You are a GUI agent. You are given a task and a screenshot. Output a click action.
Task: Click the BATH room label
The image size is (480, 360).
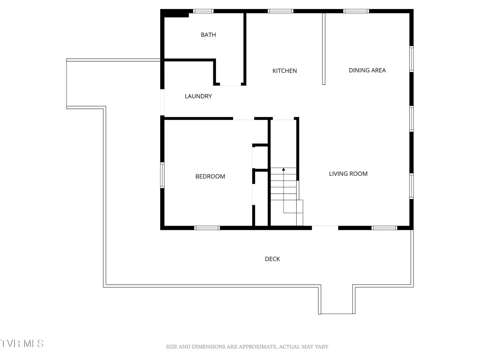[x=208, y=35]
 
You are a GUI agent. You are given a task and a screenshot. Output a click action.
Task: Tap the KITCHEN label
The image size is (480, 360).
[x=284, y=71]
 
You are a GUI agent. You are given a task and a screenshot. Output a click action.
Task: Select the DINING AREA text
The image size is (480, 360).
[x=367, y=70]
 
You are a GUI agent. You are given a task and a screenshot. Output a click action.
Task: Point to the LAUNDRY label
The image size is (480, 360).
[x=198, y=96]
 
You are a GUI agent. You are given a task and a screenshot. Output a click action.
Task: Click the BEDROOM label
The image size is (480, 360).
[x=210, y=176]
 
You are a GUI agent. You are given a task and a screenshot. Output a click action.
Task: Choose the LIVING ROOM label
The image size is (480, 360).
[x=348, y=174]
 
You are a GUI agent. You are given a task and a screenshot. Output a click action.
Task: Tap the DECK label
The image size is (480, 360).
[x=272, y=259]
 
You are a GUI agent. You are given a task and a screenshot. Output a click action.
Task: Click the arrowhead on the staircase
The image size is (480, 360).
[x=283, y=169]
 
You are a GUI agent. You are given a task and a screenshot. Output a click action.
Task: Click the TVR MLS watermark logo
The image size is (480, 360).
[x=22, y=344]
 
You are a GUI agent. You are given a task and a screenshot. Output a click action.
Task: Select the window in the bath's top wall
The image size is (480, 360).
[x=203, y=11]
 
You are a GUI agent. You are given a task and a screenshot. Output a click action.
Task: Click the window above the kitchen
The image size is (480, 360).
[x=280, y=11]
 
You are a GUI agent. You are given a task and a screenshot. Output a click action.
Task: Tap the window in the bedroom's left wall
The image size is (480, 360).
[x=162, y=175]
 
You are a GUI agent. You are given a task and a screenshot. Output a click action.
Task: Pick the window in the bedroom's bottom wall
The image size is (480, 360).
[x=207, y=228]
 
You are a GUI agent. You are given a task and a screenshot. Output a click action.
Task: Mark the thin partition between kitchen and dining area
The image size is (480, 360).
[x=324, y=49]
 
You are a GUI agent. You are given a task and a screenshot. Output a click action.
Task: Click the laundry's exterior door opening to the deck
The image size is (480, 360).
[x=162, y=102]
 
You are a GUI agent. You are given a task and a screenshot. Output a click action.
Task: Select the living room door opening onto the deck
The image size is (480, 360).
[x=325, y=228]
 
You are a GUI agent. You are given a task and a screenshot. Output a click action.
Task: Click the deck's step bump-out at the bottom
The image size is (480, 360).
[x=337, y=299]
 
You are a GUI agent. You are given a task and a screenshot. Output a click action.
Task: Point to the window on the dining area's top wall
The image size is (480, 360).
[x=356, y=11]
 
